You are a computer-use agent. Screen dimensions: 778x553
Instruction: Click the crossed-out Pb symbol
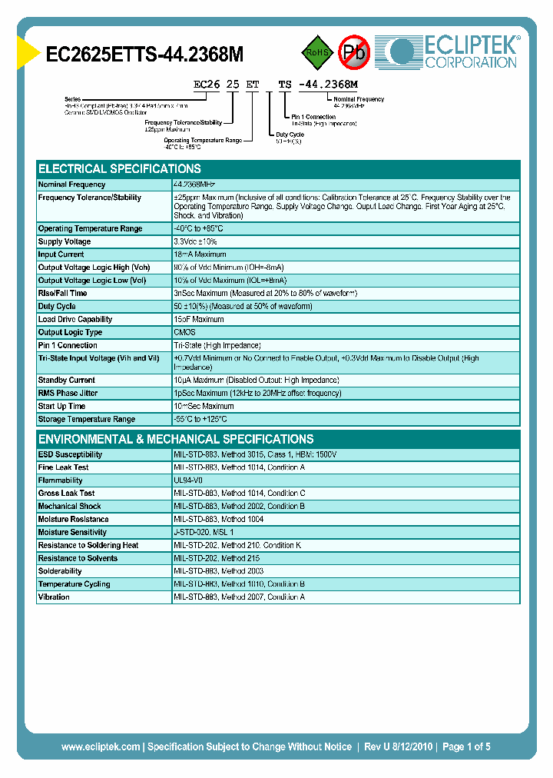355,53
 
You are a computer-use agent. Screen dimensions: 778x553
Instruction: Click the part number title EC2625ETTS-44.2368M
145,55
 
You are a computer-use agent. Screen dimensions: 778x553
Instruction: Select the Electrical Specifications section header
120,169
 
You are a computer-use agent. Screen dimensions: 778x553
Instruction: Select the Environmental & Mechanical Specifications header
176,439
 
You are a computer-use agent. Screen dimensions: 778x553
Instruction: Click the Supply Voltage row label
65,241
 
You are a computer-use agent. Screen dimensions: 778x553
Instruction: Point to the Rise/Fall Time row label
62,293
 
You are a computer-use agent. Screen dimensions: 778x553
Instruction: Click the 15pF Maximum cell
199,319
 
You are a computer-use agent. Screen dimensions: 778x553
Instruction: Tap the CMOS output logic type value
184,332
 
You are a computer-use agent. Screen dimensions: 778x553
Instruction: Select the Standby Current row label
66,380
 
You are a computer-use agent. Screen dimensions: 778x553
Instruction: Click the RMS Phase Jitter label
68,393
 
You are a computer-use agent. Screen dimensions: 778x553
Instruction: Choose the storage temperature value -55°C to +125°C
200,419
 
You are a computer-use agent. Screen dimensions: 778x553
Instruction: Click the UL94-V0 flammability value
188,480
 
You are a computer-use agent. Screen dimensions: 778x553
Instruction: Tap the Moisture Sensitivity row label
72,532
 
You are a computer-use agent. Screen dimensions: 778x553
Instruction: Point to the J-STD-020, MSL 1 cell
204,532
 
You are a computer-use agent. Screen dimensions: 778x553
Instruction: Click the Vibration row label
54,597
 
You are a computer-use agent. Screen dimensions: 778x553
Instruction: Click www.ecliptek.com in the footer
101,746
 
